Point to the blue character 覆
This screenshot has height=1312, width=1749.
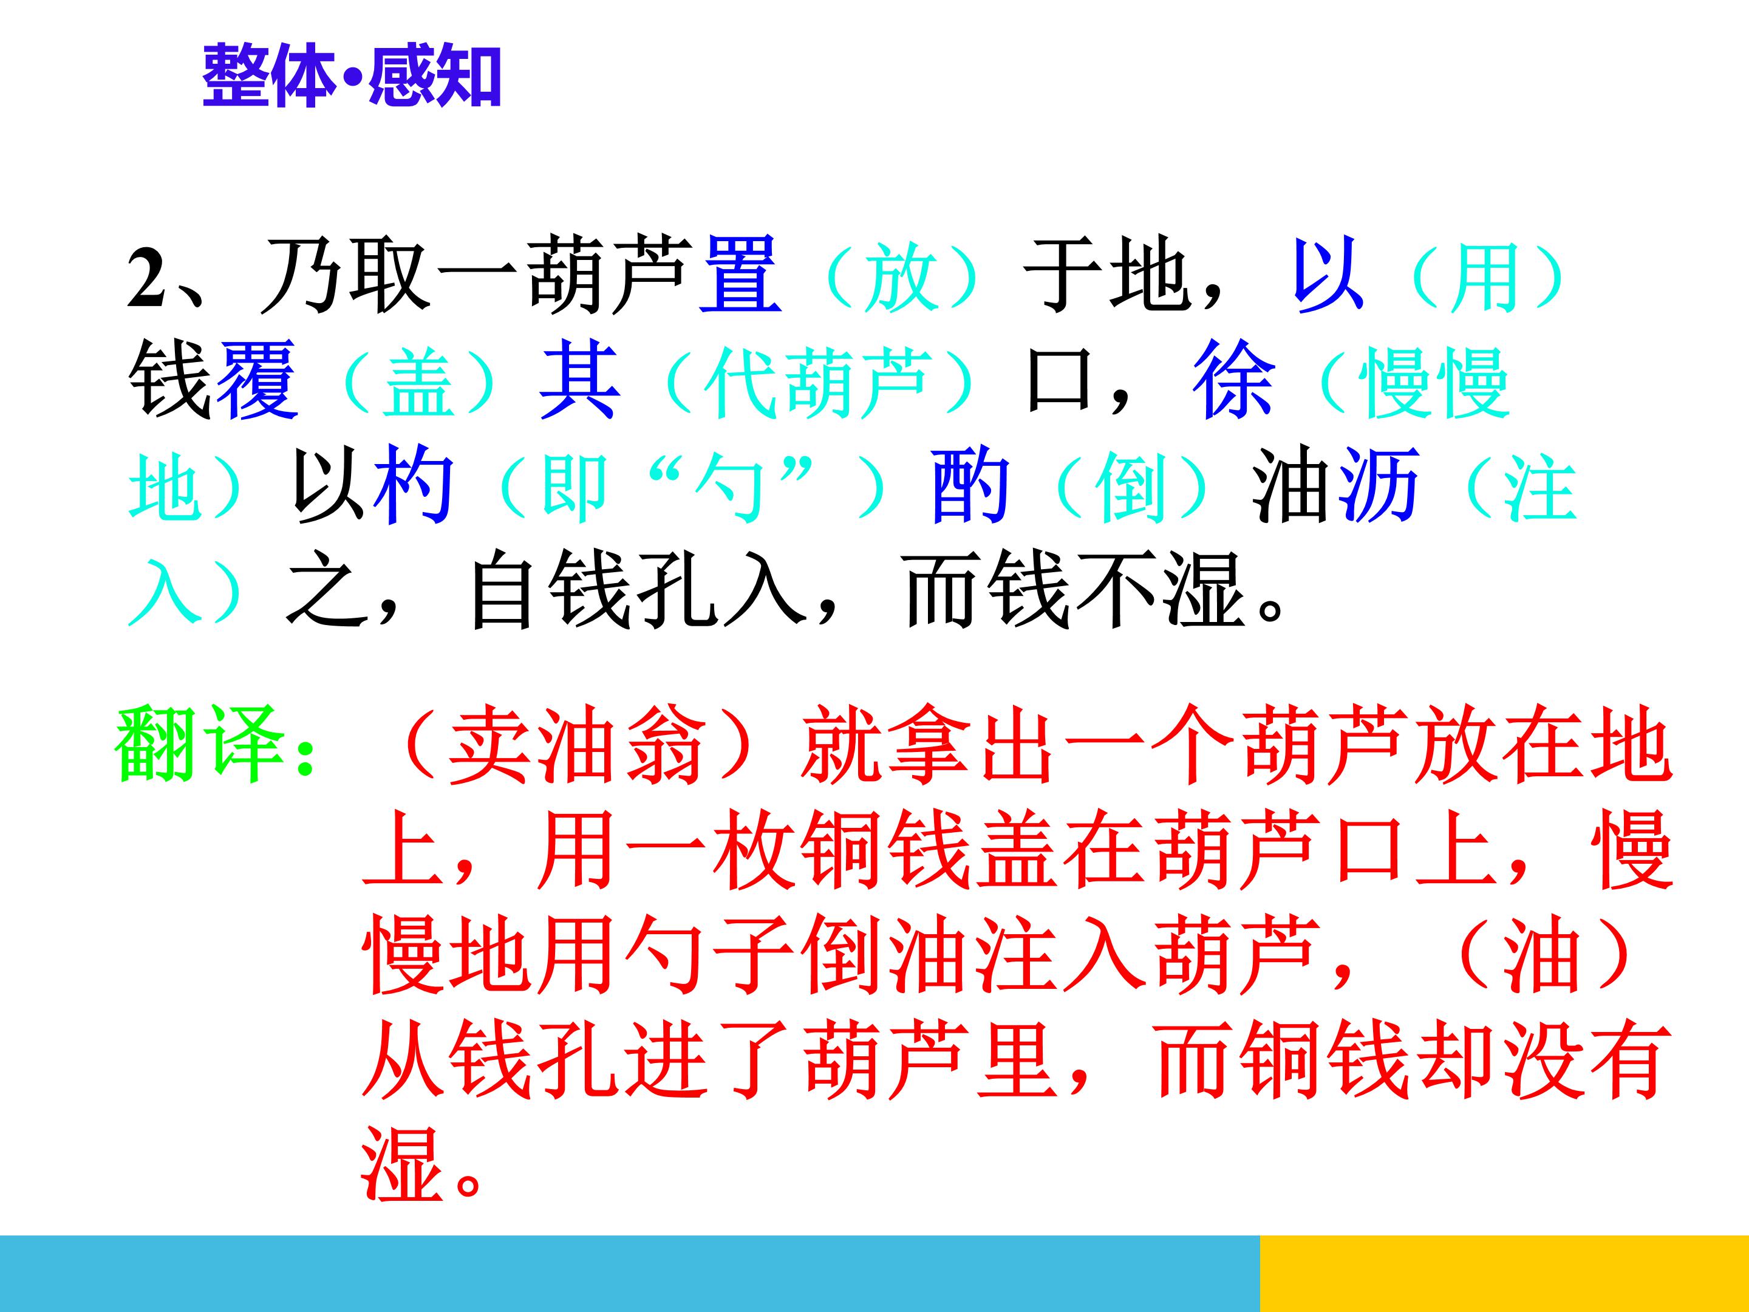257,380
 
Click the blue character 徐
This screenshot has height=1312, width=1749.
1233,380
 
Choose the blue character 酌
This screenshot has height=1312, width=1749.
970,484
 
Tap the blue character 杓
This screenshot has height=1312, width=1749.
414,484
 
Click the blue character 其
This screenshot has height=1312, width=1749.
579,380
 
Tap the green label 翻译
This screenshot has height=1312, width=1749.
199,745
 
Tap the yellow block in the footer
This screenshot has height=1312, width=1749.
1503,1273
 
